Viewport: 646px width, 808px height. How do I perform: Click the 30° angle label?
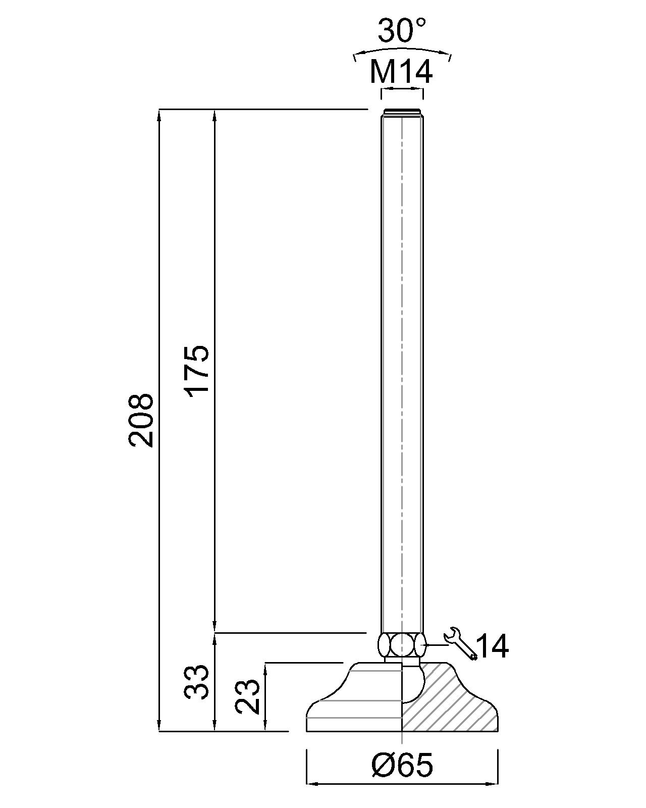point(402,31)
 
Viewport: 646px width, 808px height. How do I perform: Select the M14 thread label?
point(401,72)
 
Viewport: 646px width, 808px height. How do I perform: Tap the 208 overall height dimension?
point(140,420)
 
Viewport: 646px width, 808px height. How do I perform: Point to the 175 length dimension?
point(196,370)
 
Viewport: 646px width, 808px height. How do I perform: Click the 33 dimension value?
point(196,682)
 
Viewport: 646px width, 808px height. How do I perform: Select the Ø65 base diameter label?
point(402,766)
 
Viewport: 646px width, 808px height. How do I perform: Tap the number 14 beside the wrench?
point(493,646)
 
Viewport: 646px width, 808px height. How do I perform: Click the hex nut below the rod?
point(401,645)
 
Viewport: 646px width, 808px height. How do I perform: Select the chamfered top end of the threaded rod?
point(402,112)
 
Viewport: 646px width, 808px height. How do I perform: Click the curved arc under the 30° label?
point(402,51)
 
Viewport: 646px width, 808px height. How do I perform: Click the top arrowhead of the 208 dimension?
point(159,114)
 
